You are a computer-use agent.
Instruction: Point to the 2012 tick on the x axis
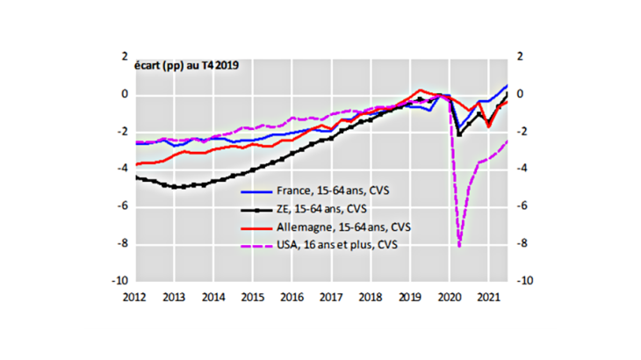(x=135, y=298)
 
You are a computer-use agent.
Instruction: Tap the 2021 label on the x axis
(x=484, y=298)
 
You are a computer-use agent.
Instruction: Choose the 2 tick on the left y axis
(x=125, y=56)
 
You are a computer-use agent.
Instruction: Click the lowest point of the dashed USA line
(x=458, y=247)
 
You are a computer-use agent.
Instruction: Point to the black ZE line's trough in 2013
(x=176, y=186)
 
